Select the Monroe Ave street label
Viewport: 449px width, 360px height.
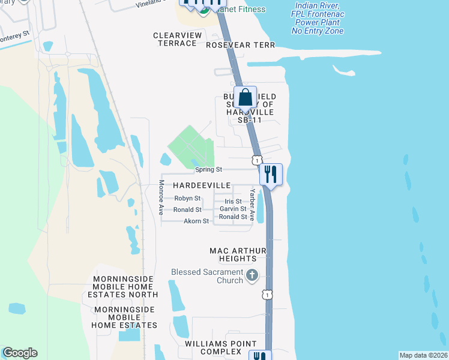point(161,198)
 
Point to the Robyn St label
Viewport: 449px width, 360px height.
point(187,198)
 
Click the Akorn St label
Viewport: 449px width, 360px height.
point(196,221)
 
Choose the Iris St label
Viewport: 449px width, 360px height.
point(233,202)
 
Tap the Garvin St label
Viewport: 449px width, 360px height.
point(233,209)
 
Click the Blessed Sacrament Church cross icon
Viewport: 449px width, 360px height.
point(252,276)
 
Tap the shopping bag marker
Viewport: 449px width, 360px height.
point(246,97)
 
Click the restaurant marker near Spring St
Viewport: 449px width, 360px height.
point(271,174)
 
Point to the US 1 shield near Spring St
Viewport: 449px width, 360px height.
point(257,160)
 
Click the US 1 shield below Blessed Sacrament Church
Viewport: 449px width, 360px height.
point(267,294)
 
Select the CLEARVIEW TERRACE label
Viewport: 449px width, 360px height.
point(178,40)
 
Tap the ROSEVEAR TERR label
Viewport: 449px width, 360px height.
point(240,45)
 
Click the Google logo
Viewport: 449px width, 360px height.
point(20,353)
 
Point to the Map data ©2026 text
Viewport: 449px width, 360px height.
point(423,355)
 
